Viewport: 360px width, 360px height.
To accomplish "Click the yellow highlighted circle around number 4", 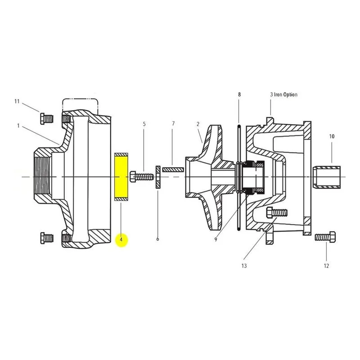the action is click(121, 240).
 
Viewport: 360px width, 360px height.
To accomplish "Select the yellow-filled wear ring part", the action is click(121, 177).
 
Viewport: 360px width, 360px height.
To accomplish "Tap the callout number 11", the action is click(17, 101).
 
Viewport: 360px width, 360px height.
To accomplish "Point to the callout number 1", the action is click(18, 126).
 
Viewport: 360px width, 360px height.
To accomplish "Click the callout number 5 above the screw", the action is click(144, 124).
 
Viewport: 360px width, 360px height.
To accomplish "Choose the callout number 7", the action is click(173, 124).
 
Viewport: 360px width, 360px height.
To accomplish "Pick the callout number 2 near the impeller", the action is click(198, 124).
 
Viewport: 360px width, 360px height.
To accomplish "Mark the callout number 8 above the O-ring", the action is click(239, 94).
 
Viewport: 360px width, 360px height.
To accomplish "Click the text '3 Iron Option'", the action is click(283, 94).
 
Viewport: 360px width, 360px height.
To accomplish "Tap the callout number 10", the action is click(332, 136).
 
